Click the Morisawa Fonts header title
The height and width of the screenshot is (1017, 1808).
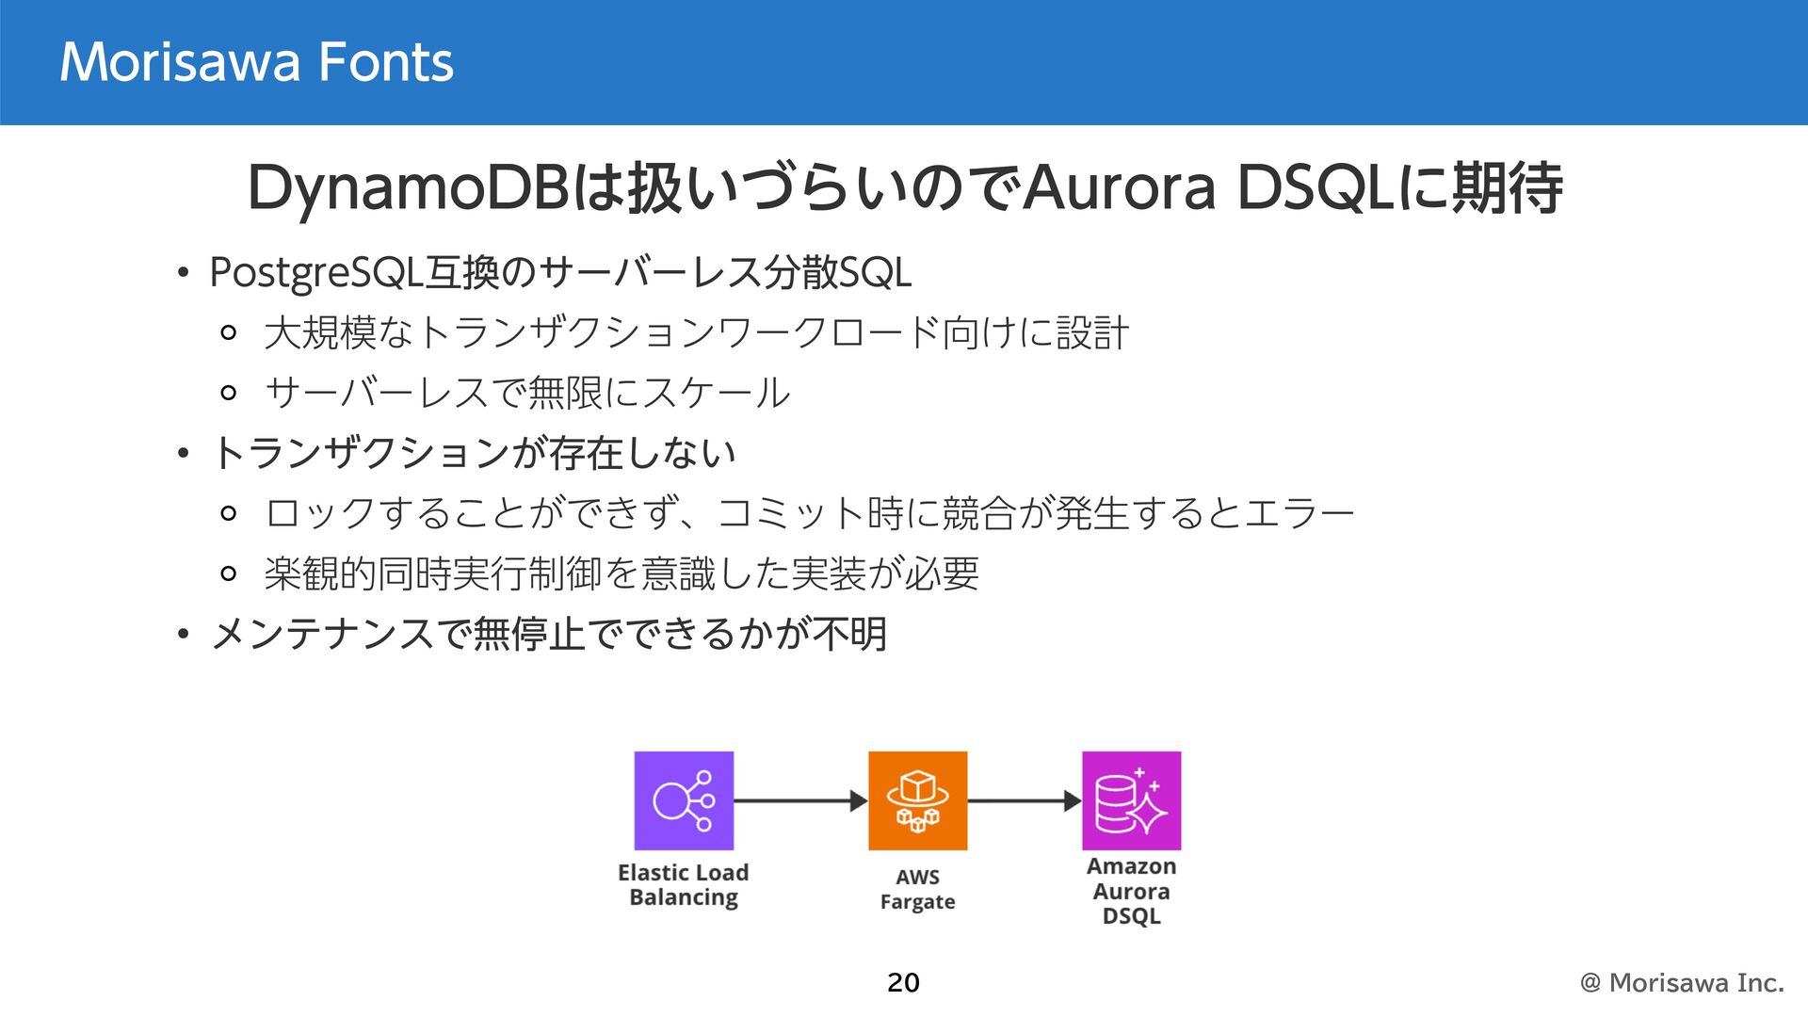tap(256, 62)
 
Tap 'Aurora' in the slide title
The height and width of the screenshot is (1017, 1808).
tap(1120, 187)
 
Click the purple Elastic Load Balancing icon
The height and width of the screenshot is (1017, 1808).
tap(684, 800)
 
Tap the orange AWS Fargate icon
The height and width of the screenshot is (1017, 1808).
tap(917, 800)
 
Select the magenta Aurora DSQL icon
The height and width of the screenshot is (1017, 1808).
tap(1131, 800)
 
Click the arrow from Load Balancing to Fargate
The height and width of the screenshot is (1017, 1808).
tap(800, 801)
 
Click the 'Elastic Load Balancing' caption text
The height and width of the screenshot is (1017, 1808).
tap(684, 885)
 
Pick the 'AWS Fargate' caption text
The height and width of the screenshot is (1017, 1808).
tap(917, 889)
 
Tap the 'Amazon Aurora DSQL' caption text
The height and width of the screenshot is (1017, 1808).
tap(1131, 891)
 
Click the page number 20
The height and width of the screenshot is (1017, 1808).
tap(903, 982)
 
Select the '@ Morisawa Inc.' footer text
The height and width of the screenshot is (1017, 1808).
tap(1682, 982)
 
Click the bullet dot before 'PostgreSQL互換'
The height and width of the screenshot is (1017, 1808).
tap(184, 274)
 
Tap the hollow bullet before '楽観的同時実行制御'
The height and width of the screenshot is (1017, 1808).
tap(228, 573)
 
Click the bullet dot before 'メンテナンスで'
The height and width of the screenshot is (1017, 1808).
tap(184, 635)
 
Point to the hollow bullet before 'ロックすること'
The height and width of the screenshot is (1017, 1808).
tap(228, 513)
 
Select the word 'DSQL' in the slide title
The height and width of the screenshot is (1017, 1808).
tap(1315, 187)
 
